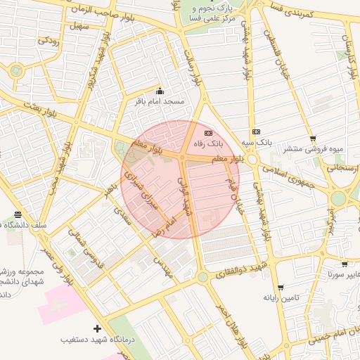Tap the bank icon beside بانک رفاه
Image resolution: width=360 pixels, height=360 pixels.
pos(208,132)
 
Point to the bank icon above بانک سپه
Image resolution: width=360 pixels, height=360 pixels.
pos(256,131)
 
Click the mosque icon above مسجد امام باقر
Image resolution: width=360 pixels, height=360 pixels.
pos(160,91)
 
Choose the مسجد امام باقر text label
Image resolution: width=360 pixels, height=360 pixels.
pos(160,102)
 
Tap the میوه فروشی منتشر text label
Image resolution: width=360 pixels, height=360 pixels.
pos(313,149)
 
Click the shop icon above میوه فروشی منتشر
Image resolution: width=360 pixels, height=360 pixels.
pos(313,139)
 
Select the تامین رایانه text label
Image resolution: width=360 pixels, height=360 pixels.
pos(281,298)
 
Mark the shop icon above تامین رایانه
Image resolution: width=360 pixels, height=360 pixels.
pos(281,288)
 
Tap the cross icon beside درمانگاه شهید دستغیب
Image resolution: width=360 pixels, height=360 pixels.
pos(97,328)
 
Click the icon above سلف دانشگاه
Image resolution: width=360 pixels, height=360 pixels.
pos(18,214)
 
